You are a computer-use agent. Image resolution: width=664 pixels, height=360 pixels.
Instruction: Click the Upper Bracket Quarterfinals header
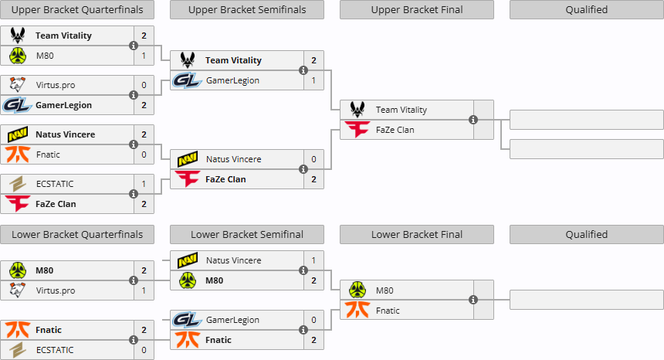pos(77,10)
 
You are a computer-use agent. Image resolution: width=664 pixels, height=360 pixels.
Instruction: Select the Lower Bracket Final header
pos(417,235)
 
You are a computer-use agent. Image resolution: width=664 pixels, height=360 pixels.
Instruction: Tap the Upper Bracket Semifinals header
pos(247,10)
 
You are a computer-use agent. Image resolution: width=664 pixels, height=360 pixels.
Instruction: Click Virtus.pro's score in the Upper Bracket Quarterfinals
pos(144,85)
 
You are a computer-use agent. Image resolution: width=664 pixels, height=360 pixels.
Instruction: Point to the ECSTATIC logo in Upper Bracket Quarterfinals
pos(18,184)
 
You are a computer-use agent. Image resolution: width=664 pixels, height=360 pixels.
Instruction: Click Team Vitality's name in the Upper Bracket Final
pos(401,110)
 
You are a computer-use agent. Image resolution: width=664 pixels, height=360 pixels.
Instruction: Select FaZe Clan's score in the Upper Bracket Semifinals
pos(313,179)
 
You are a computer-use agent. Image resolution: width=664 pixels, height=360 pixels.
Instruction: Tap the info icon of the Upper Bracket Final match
pos(473,120)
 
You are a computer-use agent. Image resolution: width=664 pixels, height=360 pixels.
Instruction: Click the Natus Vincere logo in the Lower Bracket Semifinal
pos(188,260)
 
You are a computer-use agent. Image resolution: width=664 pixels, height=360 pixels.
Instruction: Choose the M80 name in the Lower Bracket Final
pos(385,290)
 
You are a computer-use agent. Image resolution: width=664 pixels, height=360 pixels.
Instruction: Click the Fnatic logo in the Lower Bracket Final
pos(357,310)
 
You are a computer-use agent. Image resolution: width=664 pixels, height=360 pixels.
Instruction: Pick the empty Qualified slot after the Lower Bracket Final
pos(587,300)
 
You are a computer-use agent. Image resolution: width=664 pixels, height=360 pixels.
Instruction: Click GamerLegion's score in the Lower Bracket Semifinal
pos(313,320)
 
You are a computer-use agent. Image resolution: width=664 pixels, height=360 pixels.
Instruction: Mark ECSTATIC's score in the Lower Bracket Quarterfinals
pos(144,350)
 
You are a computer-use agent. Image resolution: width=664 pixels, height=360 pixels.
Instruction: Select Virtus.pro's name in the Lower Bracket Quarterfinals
pos(56,290)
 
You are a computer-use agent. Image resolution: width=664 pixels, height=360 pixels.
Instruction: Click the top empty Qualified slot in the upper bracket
pos(587,120)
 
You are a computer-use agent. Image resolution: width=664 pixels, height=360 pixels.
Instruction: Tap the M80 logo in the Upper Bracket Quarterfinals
pos(18,56)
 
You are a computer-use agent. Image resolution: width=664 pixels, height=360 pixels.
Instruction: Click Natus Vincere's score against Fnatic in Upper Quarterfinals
pos(144,134)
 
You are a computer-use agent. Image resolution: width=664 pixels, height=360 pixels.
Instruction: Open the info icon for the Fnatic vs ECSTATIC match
pos(134,340)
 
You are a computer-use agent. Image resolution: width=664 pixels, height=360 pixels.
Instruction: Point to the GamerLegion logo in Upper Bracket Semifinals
pos(186,80)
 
